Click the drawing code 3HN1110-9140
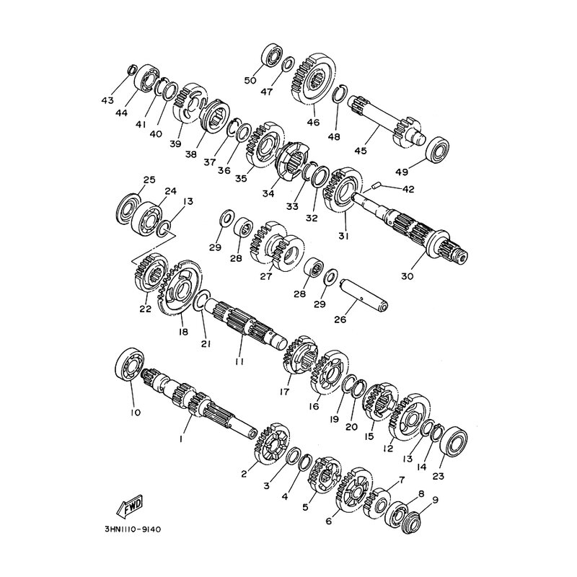(x=133, y=529)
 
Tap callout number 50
(x=250, y=80)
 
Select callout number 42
(x=408, y=189)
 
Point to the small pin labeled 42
(x=375, y=186)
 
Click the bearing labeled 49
(x=438, y=149)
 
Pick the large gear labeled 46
(x=314, y=79)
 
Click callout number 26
(x=340, y=320)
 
